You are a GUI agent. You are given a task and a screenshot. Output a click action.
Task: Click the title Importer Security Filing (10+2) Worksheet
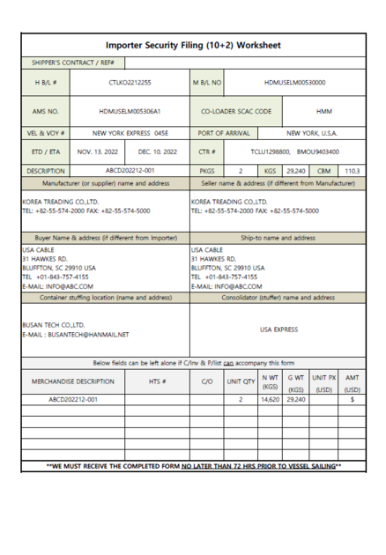coord(192,43)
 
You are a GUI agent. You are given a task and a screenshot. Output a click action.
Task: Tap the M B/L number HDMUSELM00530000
coord(289,85)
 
